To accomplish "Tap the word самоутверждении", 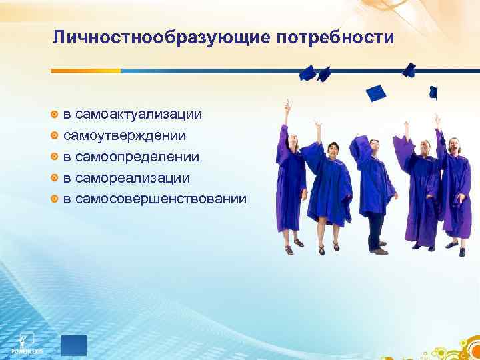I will pos(125,135).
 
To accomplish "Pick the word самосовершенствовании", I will pos(161,199).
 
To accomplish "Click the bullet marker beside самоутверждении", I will pos(56,135).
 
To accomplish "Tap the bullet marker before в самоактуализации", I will pos(56,114).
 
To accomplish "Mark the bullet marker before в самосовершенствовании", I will pos(56,199).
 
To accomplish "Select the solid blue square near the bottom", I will pos(73,345).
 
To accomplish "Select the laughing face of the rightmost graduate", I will pos(455,145).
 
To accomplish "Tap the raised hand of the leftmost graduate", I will pos(287,105).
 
